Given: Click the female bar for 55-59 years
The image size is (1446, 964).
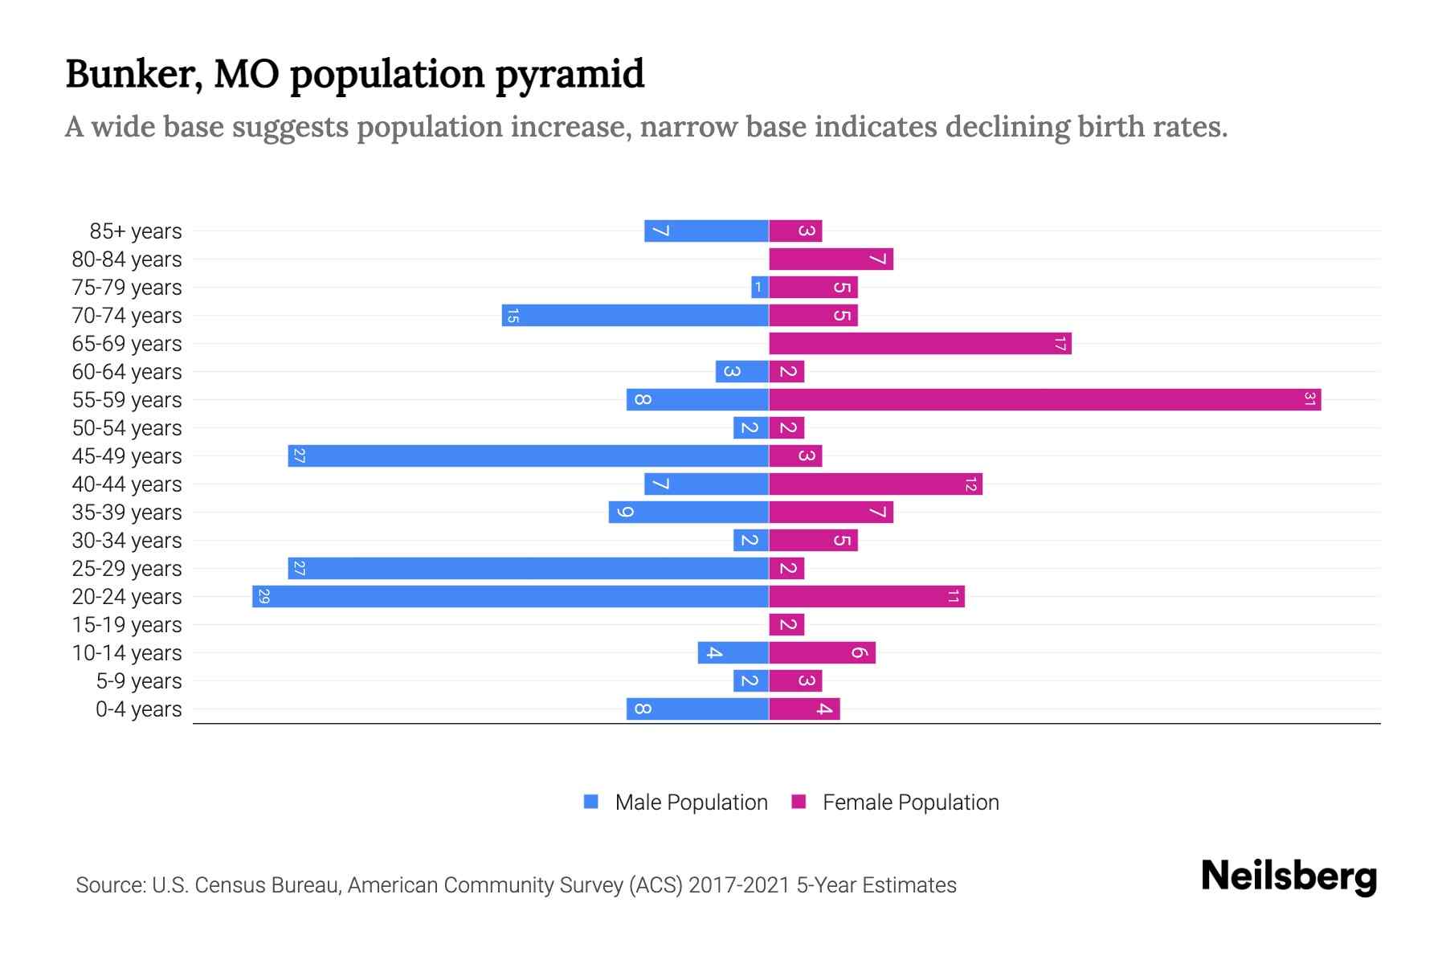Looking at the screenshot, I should pos(1044,399).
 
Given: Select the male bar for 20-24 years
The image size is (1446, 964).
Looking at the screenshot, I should pos(510,596).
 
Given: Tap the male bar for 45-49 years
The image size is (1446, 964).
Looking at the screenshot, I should pos(529,455).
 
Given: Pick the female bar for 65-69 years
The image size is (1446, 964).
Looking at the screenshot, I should pos(920,343).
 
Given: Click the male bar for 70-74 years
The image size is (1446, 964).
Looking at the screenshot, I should pos(635,315).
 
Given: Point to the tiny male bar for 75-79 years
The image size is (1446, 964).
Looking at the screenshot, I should pos(760,287).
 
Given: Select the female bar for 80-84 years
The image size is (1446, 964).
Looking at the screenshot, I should pos(831,259).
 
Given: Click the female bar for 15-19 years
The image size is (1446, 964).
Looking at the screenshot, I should pos(786,624).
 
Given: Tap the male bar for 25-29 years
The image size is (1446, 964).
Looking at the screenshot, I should pos(529,568).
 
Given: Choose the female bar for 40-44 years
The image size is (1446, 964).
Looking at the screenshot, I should pos(876,484).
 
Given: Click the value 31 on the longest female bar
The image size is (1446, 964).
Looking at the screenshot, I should pos(1309,399).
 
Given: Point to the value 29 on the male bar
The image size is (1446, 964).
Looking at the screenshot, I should pos(263,596).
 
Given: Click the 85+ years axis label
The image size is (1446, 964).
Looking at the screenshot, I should pos(136,231).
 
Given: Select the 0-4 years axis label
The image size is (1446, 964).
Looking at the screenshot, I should pos(138,709).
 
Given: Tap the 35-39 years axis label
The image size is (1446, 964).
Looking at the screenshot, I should pos(127,513).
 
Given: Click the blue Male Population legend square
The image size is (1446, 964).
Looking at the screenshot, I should pos(591,802).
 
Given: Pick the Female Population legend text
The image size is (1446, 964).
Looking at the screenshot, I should pos(910,802).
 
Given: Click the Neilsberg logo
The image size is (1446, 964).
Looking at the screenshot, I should pos(1289,876).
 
